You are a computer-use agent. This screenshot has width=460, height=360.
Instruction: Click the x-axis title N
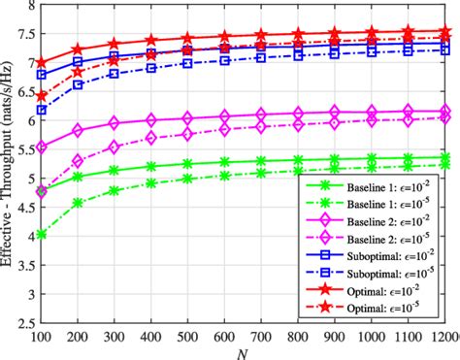coord(244,351)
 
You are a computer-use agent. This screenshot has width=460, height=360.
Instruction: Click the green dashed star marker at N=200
coord(77,203)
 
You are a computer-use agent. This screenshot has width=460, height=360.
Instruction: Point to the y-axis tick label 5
coord(25,180)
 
